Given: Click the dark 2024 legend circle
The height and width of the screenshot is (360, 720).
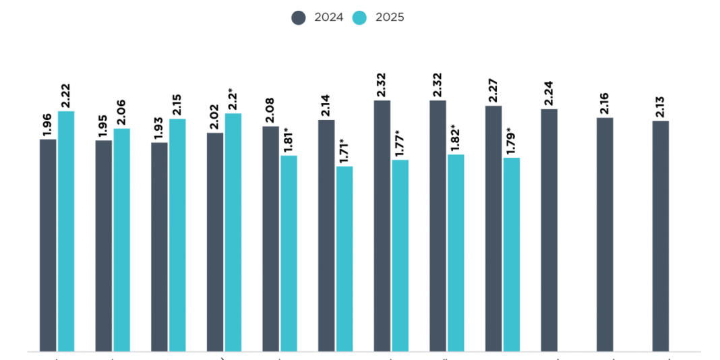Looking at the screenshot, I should click(x=299, y=18).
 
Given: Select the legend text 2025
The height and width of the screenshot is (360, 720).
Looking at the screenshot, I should click(x=390, y=18).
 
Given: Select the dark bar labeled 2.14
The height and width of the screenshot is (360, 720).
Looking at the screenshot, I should click(x=326, y=235).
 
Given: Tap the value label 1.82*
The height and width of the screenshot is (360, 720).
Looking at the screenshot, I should click(x=455, y=139).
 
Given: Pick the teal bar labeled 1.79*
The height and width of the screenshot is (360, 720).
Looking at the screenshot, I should click(x=511, y=254).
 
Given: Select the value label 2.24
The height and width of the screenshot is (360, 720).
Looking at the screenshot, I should click(x=549, y=93).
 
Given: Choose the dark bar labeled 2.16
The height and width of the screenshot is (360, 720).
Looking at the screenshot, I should click(x=605, y=234).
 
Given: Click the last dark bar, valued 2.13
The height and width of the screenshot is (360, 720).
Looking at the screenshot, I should click(x=660, y=235).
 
